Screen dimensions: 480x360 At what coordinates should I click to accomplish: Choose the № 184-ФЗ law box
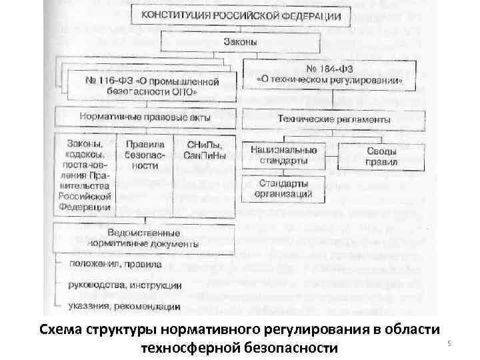point(331,74)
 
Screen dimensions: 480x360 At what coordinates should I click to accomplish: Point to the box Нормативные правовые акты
point(145,117)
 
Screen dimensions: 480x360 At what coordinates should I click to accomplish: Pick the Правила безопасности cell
point(145,155)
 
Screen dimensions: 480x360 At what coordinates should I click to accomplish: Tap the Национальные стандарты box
point(285,155)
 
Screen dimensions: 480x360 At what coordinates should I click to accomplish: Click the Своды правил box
point(381,156)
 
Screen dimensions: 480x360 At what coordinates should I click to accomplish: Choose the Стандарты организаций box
point(285,188)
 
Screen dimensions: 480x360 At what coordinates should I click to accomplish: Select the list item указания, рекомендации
point(124,307)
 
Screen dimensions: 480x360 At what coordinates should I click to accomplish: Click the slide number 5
point(449,343)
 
